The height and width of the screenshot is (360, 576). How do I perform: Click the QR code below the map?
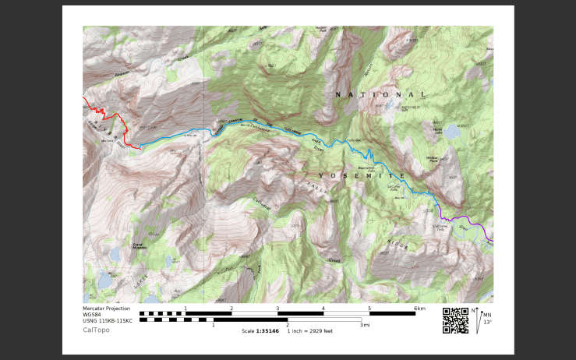click(x=455, y=319)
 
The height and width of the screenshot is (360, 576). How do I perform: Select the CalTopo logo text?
click(x=97, y=330)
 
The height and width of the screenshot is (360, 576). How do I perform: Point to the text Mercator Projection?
click(x=107, y=309)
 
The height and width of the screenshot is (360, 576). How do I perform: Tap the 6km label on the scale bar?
click(x=419, y=309)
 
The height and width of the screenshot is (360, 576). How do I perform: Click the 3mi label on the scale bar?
click(x=365, y=325)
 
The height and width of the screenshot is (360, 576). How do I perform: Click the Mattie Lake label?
click(x=437, y=131)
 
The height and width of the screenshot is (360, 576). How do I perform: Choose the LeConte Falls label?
click(x=394, y=188)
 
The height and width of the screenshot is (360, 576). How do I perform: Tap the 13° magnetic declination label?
click(x=487, y=322)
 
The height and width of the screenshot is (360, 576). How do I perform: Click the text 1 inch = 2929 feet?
click(x=310, y=330)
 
